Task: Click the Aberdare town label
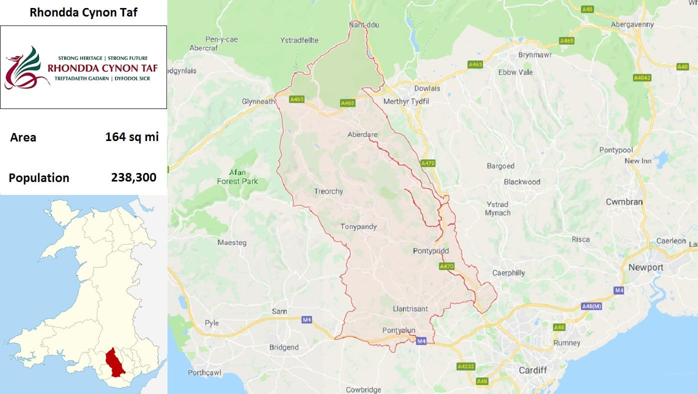coord(362,134)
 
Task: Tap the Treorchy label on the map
coord(328,191)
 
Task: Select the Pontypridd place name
coord(431,251)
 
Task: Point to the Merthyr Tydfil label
coord(406,101)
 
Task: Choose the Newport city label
coord(645,267)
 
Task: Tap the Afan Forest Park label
coord(237,176)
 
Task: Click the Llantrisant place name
coord(410,309)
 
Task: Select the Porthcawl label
coord(204,372)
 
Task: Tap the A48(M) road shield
coord(591,305)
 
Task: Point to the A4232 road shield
coord(465,366)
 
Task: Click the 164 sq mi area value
coord(131,136)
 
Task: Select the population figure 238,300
coord(133,177)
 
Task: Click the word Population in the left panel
coord(39,178)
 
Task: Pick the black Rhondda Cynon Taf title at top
coord(83,12)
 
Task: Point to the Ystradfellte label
coord(299,40)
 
